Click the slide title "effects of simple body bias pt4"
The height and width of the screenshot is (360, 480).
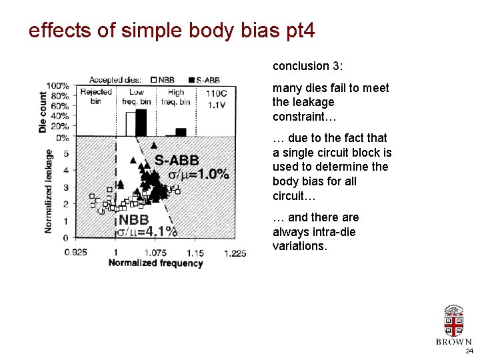click(171, 31)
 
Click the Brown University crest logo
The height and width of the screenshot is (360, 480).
click(453, 321)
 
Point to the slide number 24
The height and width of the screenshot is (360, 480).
click(469, 351)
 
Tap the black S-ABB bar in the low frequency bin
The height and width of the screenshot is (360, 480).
click(141, 122)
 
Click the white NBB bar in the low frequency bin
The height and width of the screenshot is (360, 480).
click(131, 125)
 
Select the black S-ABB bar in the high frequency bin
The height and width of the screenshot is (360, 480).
click(180, 132)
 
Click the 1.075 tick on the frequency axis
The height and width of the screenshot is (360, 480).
click(155, 253)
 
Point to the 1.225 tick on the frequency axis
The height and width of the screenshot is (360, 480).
click(235, 253)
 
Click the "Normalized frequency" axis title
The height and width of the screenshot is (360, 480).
click(155, 263)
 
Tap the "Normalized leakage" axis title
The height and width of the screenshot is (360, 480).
click(49, 191)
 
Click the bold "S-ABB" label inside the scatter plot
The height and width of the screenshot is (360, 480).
click(177, 160)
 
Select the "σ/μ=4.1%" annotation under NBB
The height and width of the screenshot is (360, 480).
click(147, 231)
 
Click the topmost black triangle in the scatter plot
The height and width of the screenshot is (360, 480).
click(154, 145)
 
